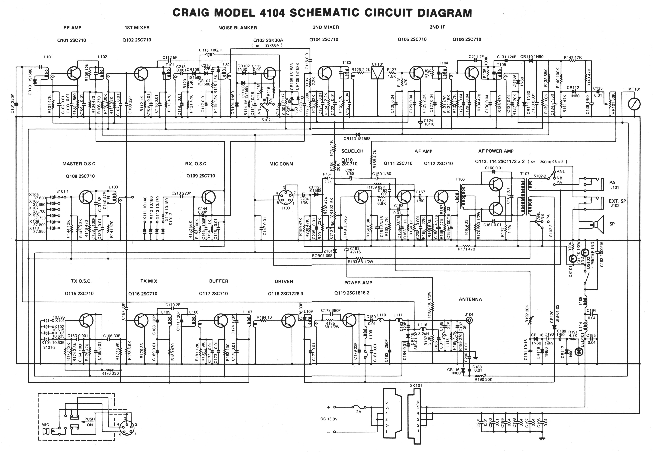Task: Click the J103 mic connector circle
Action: click(x=285, y=196)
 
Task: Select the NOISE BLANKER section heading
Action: click(x=238, y=28)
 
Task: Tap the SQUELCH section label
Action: click(x=352, y=151)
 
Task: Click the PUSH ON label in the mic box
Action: click(x=90, y=422)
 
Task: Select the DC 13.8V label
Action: click(x=329, y=419)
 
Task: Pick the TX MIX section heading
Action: click(x=149, y=281)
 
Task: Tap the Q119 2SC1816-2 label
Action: click(x=352, y=293)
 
